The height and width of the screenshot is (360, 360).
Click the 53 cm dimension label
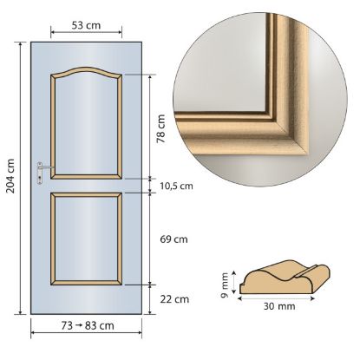coord(86,25)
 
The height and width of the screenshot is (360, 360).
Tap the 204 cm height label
coord(10,176)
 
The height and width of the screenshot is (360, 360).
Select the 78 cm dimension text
coord(160,128)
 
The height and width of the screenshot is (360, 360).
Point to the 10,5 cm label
coord(176,186)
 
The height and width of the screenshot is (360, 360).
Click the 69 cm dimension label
coord(173,239)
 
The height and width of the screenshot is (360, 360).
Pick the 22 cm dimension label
coord(174,299)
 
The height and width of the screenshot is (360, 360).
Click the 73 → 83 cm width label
coord(88,326)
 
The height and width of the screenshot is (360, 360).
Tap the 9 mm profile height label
coord(226,285)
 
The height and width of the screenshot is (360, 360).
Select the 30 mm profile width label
coord(279,306)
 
